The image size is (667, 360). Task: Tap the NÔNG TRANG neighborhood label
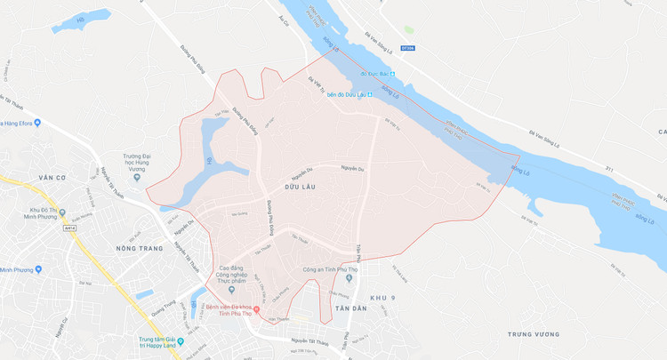(140, 248)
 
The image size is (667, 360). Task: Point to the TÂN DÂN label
(351, 308)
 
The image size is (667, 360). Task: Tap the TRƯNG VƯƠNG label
(534, 334)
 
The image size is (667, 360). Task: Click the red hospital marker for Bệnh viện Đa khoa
(257, 309)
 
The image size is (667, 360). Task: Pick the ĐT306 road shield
(407, 49)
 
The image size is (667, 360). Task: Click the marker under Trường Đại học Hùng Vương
(135, 178)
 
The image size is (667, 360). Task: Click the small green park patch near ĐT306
(409, 29)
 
